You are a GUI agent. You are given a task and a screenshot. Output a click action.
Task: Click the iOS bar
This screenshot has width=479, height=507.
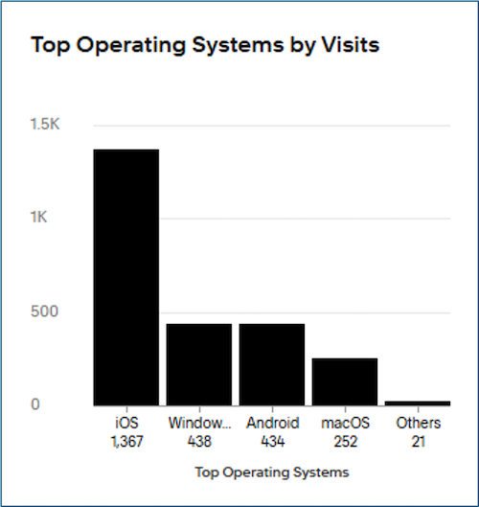click(x=125, y=277)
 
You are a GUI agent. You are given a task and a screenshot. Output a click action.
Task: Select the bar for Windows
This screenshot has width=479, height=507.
click(x=199, y=364)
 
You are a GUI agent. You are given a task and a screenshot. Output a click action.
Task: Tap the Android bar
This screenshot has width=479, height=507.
click(x=272, y=364)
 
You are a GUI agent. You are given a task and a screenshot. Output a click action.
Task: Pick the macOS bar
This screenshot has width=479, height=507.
click(x=345, y=381)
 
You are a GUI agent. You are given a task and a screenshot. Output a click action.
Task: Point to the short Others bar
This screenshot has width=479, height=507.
click(x=418, y=403)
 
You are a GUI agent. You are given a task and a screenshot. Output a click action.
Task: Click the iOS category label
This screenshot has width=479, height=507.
click(x=125, y=423)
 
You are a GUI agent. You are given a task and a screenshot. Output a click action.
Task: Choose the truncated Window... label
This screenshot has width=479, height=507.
click(x=199, y=423)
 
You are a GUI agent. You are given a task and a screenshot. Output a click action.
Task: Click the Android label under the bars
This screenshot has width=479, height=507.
click(x=272, y=423)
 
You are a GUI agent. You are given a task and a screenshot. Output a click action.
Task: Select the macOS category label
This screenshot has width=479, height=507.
click(x=345, y=423)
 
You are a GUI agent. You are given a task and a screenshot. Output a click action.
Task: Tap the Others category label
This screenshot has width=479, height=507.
click(x=418, y=423)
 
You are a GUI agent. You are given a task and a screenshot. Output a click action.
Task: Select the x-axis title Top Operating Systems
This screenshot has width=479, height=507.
click(x=271, y=472)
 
